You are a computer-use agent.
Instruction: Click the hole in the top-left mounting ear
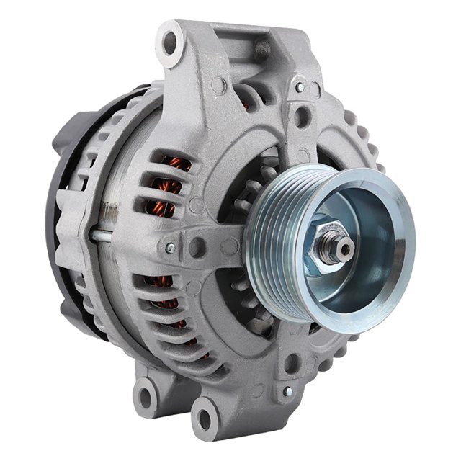coord(170,42)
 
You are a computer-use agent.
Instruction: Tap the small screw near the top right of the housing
coord(300,87)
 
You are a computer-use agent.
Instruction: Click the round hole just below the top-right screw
coord(303,115)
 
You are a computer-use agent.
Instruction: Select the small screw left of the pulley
coord(170,248)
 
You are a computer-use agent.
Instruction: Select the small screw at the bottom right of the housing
coord(287,391)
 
